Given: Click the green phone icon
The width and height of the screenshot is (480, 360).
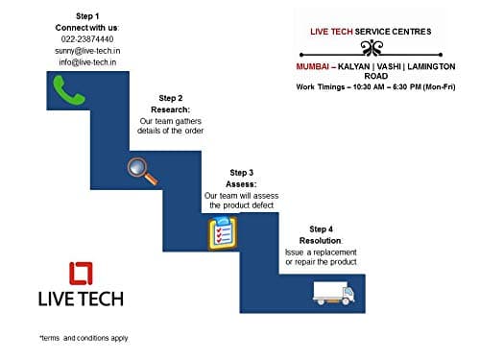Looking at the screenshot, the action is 62,90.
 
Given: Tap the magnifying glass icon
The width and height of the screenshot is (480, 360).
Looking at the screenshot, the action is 142,168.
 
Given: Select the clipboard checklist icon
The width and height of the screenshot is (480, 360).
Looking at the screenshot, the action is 222,233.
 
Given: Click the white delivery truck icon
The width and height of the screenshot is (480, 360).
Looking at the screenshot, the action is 333,292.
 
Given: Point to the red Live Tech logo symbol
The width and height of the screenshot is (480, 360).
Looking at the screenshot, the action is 81,274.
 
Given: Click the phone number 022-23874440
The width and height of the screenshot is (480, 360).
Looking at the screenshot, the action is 85,38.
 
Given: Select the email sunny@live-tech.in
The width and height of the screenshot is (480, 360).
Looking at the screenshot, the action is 85,50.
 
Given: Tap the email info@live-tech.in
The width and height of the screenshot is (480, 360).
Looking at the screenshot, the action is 85,61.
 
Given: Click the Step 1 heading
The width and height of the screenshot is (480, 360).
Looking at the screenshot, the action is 85,15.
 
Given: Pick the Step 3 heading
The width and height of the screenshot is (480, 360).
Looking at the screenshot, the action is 242,172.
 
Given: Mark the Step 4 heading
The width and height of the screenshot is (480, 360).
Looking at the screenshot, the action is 321,228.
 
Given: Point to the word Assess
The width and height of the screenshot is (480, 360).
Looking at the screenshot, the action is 241,183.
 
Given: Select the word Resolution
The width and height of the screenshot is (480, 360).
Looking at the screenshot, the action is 321,240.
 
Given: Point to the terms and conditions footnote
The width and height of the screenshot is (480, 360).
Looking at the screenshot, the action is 84,338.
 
